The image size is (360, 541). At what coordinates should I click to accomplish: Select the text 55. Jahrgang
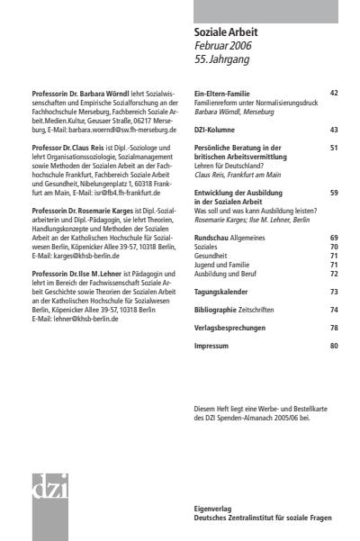(222, 60)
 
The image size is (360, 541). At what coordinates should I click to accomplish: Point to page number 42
(334, 93)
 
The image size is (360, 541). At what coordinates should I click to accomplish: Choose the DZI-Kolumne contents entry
(219, 130)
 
